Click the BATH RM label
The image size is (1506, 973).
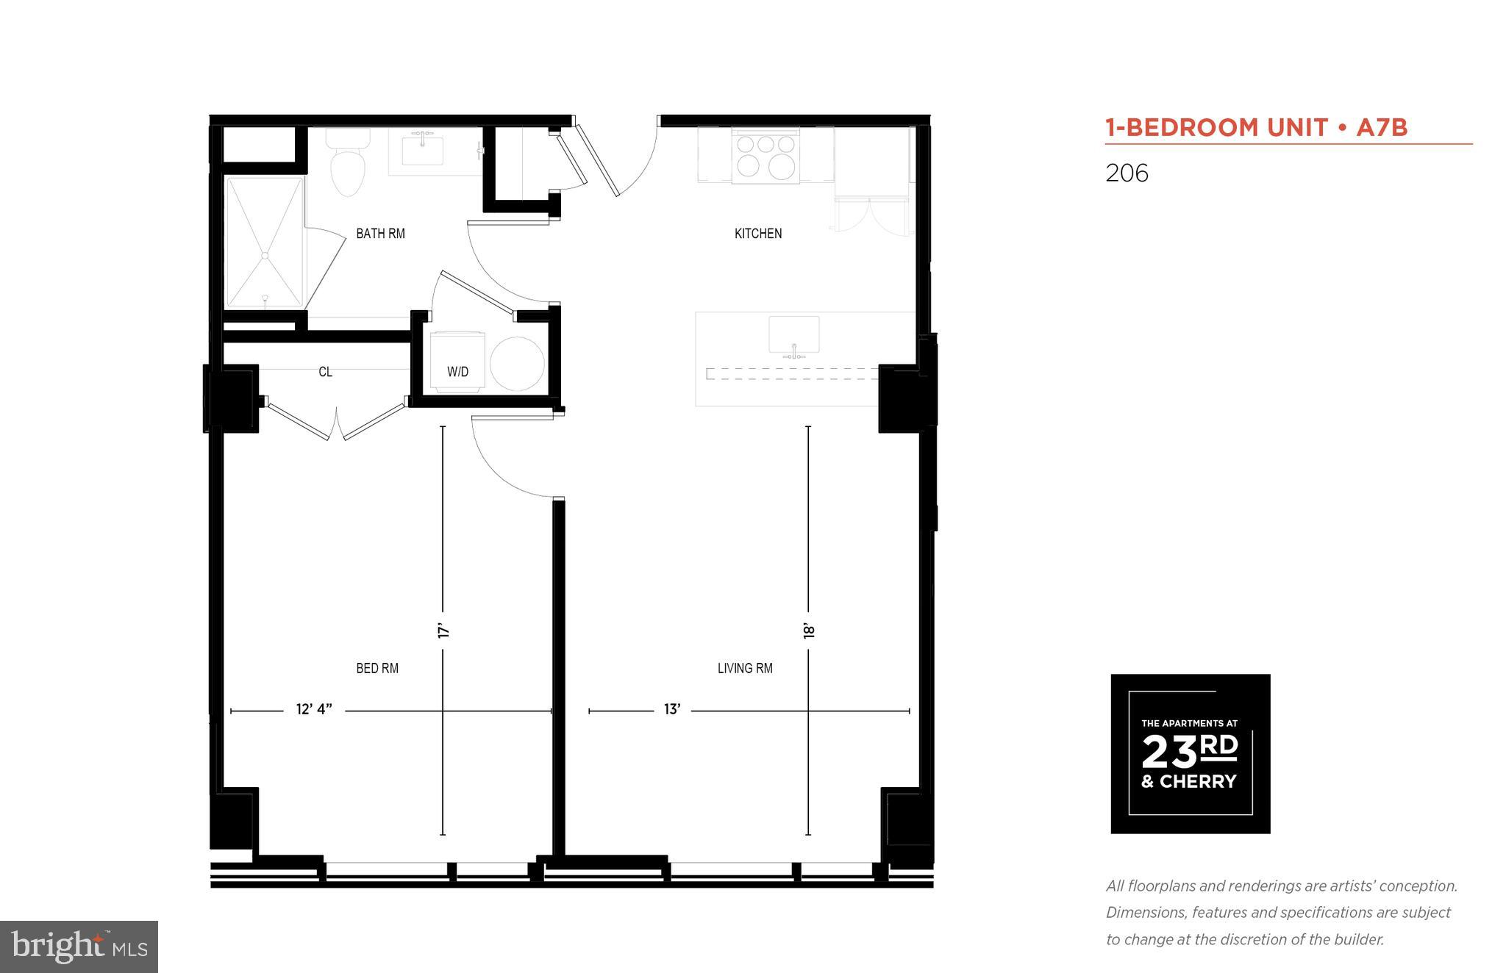[380, 233]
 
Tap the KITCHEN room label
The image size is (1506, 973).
[757, 233]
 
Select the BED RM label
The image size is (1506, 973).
[377, 668]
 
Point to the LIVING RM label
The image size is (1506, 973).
[745, 668]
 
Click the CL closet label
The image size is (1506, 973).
[325, 372]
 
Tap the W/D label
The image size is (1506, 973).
[457, 372]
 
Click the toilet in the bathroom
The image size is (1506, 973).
[347, 165]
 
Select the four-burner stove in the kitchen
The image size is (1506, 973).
[766, 155]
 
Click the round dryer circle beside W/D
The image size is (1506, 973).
[517, 363]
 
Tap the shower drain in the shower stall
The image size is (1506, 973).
[265, 255]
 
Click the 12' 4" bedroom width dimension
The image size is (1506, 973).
[314, 709]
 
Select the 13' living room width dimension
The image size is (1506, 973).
[671, 709]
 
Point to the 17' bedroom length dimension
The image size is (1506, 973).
[443, 631]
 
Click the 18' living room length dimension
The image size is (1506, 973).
[808, 631]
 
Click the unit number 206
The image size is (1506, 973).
[1127, 173]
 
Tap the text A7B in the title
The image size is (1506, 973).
[1381, 128]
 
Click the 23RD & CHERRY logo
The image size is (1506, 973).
[1190, 753]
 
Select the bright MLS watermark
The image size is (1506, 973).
[79, 947]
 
